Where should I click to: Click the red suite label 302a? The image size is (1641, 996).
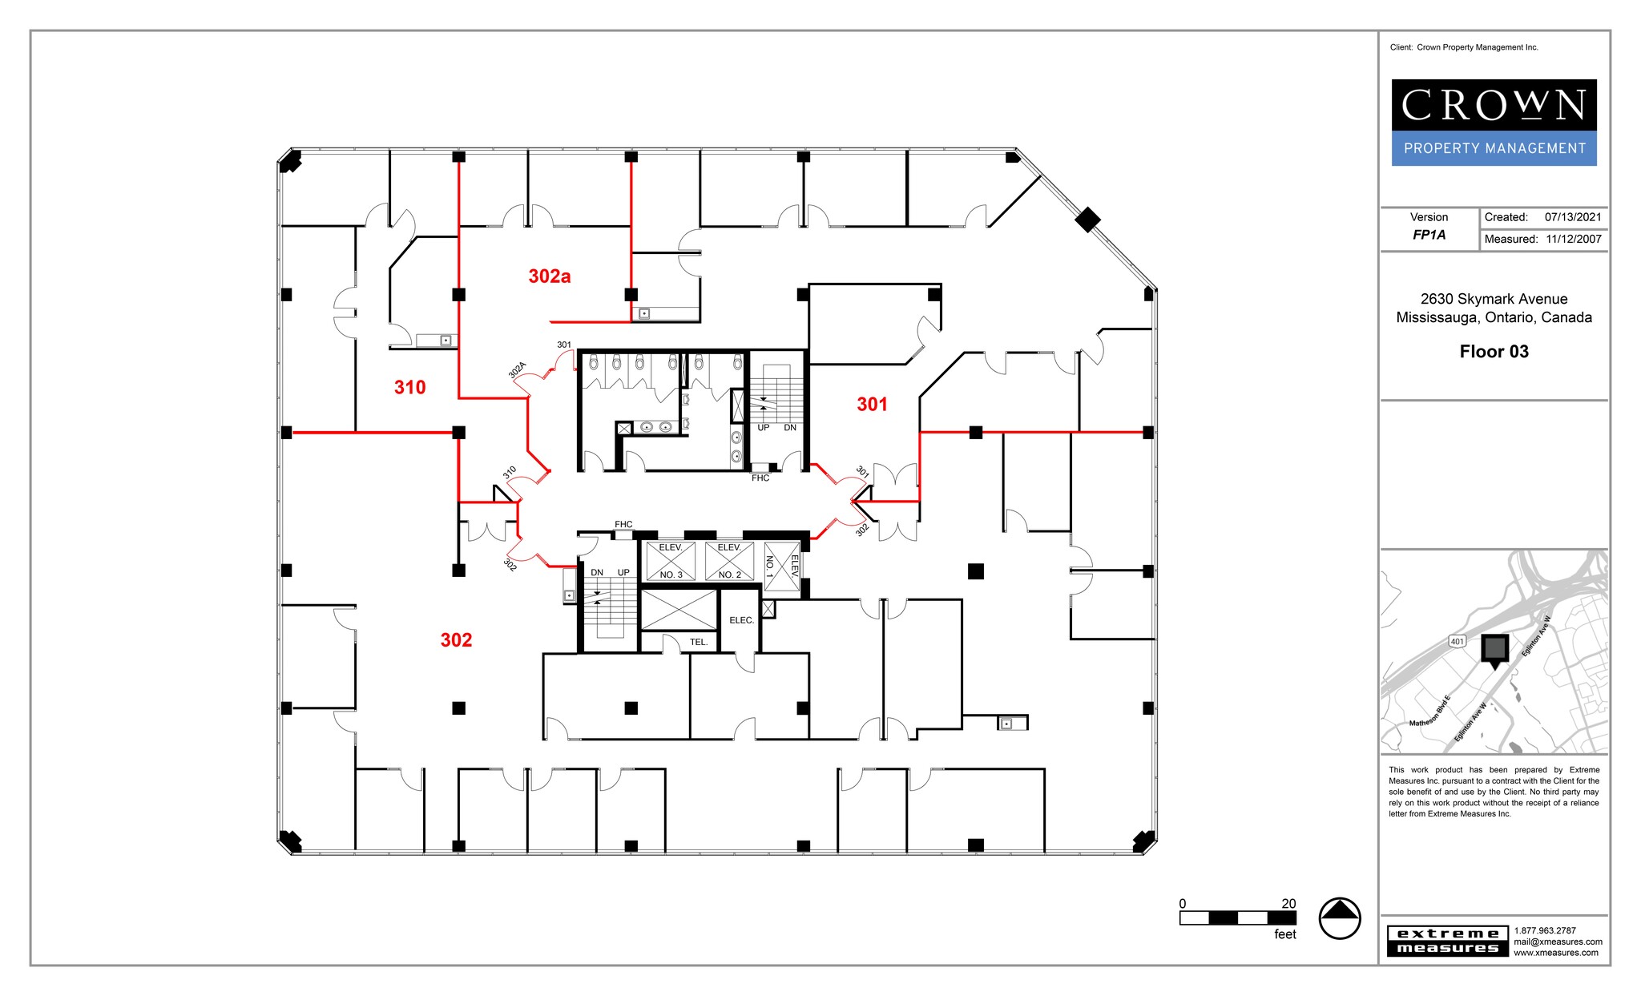click(x=549, y=276)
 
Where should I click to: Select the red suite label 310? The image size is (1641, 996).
click(x=409, y=388)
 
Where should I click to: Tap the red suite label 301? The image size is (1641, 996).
click(x=872, y=405)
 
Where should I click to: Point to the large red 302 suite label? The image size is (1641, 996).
click(x=456, y=640)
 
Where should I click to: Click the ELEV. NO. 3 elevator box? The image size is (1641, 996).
click(x=671, y=561)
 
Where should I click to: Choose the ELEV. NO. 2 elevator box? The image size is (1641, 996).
click(x=729, y=561)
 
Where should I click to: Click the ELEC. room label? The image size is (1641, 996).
click(x=741, y=620)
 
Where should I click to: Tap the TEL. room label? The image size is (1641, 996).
click(x=699, y=642)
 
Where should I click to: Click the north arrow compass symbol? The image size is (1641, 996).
click(x=1339, y=917)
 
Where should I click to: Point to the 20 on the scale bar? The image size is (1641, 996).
click(x=1288, y=904)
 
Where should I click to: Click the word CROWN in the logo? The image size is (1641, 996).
click(x=1494, y=106)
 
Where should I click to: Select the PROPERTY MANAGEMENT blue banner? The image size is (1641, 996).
click(x=1494, y=148)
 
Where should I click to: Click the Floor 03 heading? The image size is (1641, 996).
click(x=1494, y=352)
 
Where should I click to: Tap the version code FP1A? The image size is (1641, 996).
click(x=1429, y=235)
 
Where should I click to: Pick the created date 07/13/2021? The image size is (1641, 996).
click(x=1573, y=217)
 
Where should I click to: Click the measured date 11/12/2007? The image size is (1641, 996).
click(x=1574, y=239)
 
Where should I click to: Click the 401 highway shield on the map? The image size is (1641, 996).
click(x=1457, y=641)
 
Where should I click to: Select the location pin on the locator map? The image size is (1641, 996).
click(x=1494, y=650)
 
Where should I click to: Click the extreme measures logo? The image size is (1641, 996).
click(x=1448, y=941)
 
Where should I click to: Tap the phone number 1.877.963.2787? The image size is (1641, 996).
click(x=1544, y=930)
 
